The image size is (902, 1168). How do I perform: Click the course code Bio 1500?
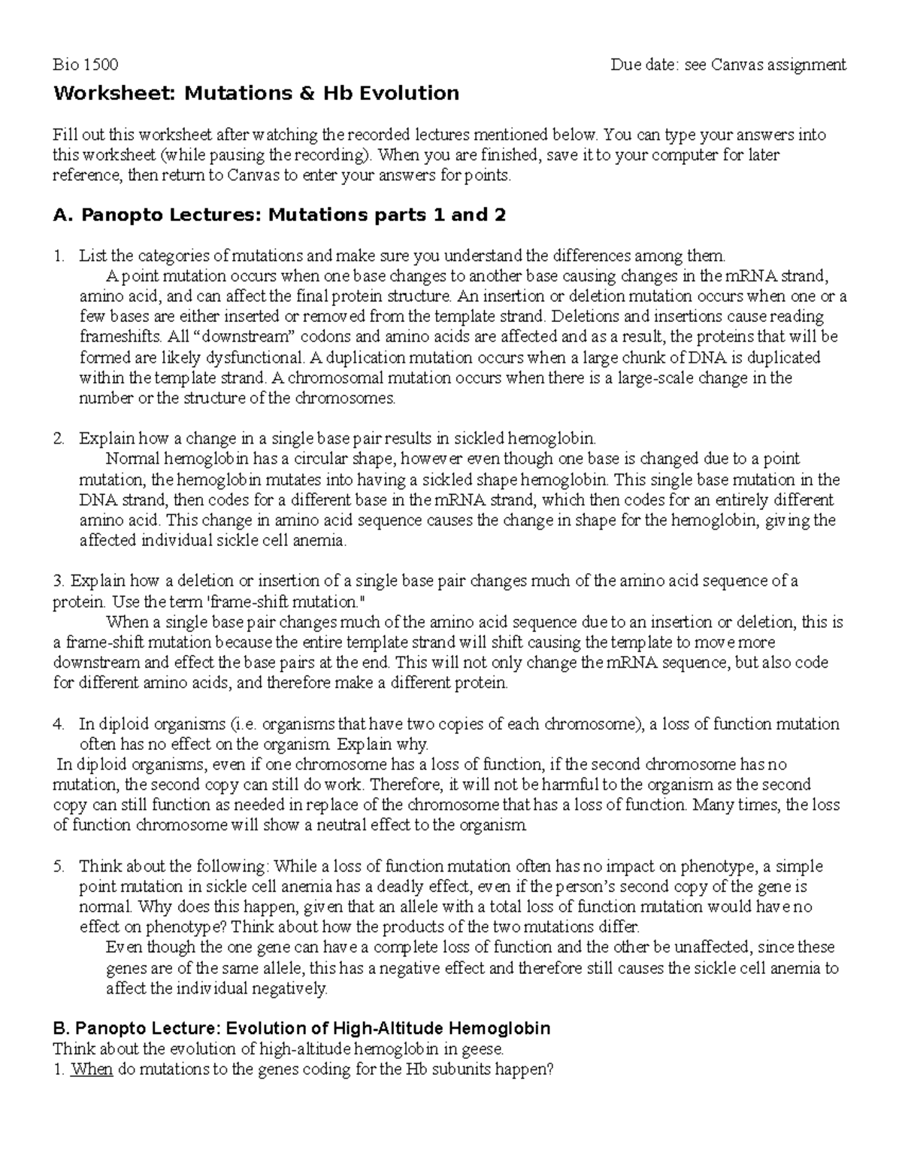pos(85,65)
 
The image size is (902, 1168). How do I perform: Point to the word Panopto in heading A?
pos(115,216)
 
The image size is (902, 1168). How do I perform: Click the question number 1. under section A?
pos(59,256)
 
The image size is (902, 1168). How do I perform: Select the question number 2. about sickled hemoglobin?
pos(59,438)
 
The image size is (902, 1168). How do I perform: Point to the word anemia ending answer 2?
pos(322,540)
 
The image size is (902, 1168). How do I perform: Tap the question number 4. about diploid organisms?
pos(59,724)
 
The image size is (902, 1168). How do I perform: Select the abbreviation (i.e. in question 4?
pos(243,724)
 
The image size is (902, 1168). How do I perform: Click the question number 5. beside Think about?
pos(59,866)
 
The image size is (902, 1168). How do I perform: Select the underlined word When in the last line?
pos(91,1069)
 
